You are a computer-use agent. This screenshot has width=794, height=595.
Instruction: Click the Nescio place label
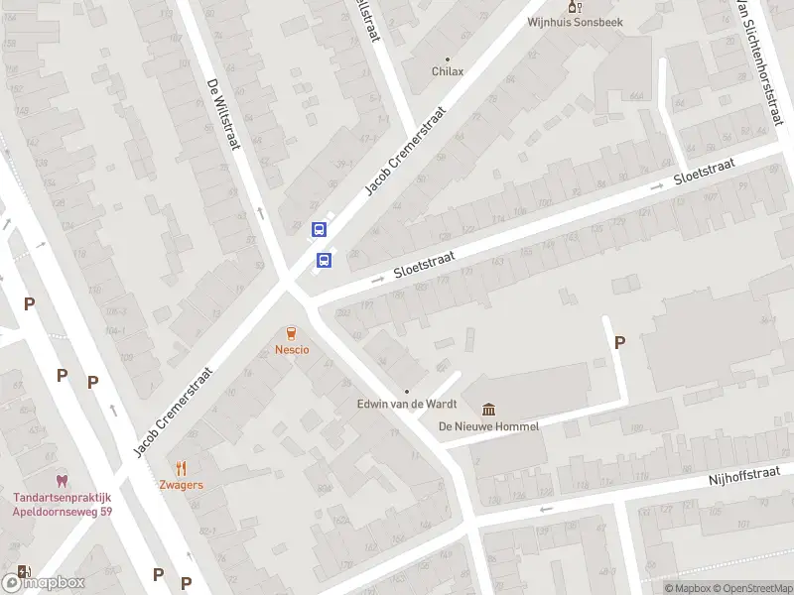292,349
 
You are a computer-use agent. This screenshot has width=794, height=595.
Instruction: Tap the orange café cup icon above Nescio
292,333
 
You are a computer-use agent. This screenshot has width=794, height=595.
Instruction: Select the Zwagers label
181,485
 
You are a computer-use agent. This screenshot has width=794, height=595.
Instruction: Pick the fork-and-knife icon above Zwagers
181,468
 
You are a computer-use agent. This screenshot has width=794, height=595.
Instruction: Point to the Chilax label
448,71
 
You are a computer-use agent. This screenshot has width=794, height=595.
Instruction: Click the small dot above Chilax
448,59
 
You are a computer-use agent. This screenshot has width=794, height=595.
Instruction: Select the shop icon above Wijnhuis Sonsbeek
571,6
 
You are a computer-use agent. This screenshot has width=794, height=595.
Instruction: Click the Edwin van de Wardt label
405,405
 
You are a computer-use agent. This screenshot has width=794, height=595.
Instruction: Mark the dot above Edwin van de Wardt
406,392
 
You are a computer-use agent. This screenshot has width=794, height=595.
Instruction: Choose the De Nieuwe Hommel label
489,426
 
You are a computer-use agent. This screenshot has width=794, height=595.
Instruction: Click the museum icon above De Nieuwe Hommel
489,410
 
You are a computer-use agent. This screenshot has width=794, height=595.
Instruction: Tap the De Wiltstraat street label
224,114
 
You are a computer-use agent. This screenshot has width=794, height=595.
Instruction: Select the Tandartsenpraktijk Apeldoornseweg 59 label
63,504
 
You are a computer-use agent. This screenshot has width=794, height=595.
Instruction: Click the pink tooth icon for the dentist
63,480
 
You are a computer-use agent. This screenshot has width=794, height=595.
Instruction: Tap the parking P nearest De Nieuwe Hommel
620,343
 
